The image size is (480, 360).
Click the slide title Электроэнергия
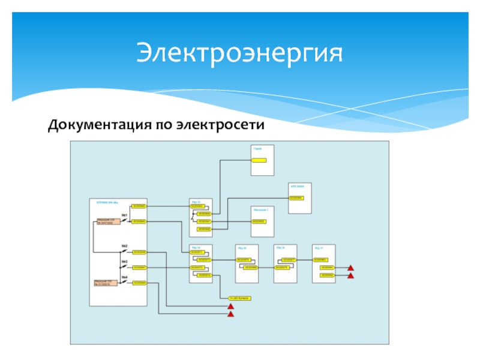coord(239,53)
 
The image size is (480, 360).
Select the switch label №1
coord(125,215)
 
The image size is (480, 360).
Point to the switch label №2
coord(125,246)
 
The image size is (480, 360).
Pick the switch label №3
coord(125,262)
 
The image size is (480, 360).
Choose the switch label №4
coord(125,277)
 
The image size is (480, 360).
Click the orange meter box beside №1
coord(105,222)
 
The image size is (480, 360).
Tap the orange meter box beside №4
coord(105,283)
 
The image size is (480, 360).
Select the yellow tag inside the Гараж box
coord(259,160)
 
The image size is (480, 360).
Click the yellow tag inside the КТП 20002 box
coord(296,197)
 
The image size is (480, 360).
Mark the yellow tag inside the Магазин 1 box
coord(259,221)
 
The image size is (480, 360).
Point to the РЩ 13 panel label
coord(195,202)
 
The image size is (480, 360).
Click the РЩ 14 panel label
coord(195,247)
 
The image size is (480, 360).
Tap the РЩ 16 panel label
coord(280,247)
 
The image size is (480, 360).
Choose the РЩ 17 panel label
coord(317,247)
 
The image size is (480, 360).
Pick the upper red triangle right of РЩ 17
coord(352,268)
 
